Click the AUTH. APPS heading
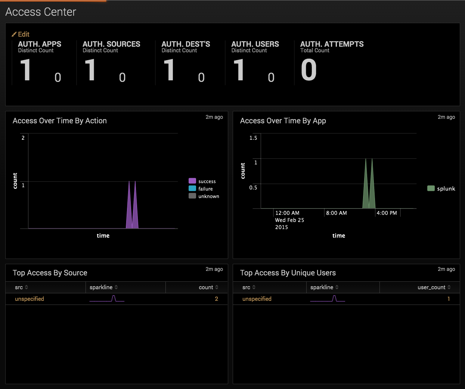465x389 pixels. (40, 44)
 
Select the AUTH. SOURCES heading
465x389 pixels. (111, 44)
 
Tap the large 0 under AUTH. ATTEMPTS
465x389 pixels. (309, 70)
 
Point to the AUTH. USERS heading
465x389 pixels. (255, 44)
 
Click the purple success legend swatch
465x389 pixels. (192, 181)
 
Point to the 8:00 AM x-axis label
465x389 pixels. (337, 213)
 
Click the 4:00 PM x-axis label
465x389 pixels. (387, 213)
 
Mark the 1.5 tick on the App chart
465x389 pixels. (253, 138)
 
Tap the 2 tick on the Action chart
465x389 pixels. (23, 138)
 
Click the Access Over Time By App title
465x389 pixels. (283, 121)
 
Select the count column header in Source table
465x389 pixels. (206, 287)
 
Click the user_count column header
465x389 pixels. (431, 287)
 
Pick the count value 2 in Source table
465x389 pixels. (216, 299)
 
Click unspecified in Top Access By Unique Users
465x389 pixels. (257, 299)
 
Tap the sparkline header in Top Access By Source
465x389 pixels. (101, 287)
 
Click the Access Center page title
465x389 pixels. (41, 12)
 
